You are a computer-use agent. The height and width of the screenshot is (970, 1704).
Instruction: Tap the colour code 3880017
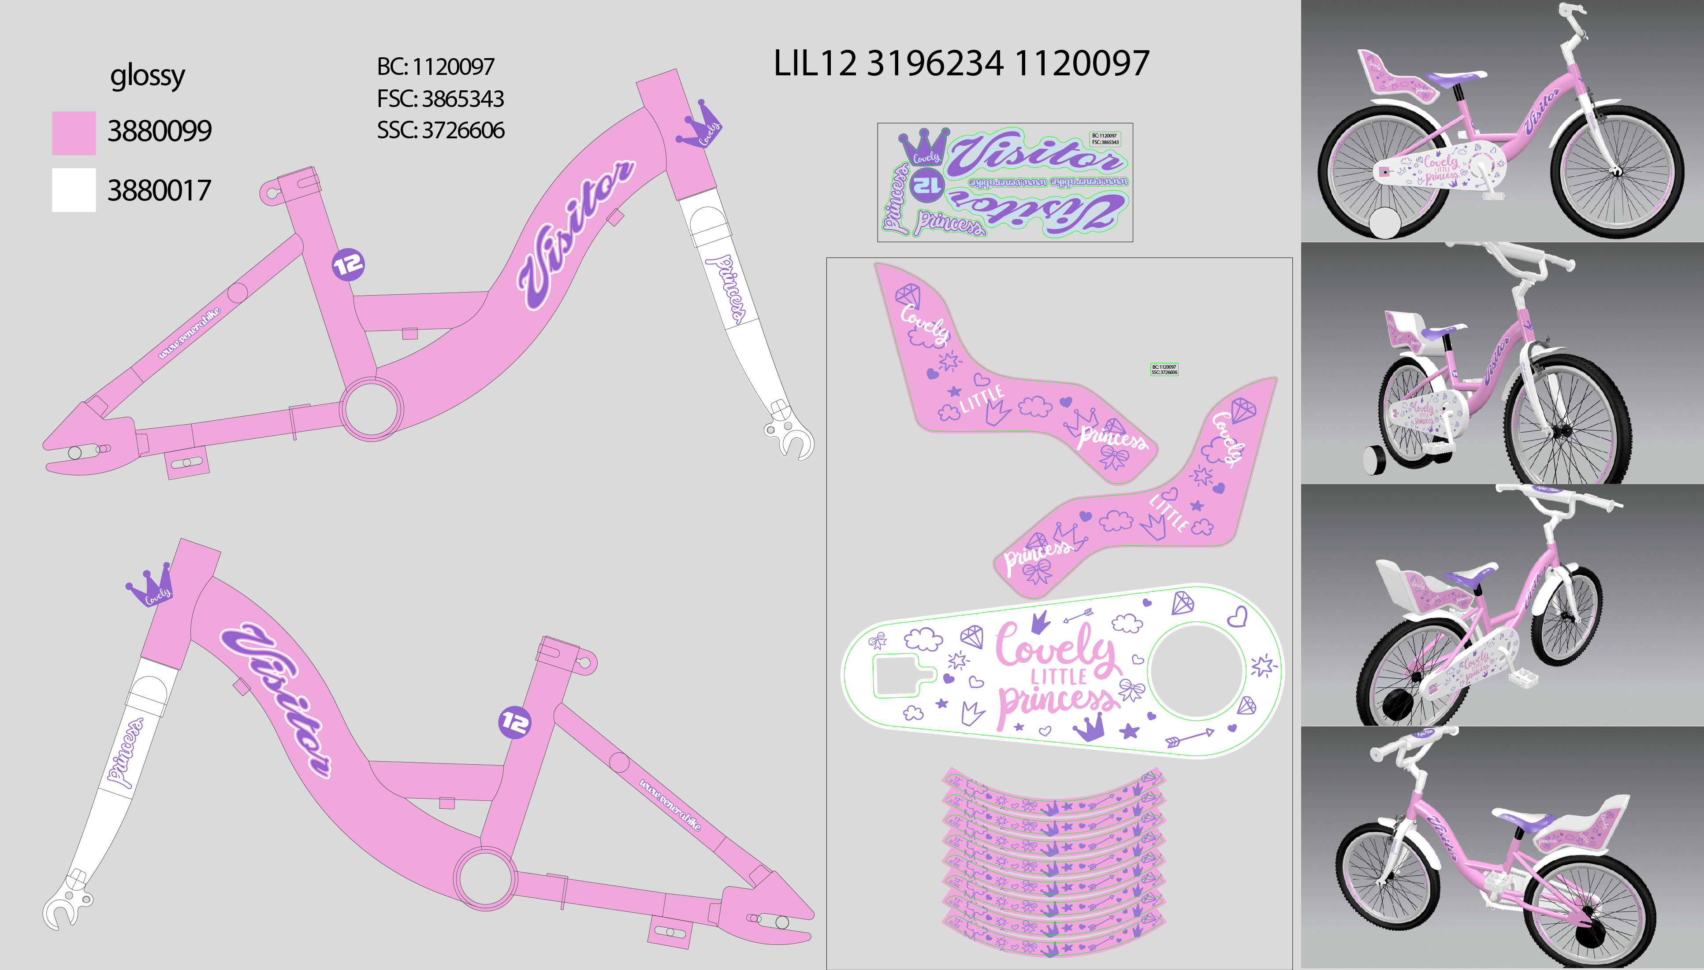point(159,191)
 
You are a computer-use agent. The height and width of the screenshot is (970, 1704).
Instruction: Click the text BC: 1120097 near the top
point(436,67)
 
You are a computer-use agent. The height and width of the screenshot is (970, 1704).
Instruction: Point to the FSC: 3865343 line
point(440,99)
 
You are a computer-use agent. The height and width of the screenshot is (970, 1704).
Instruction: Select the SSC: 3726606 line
point(440,130)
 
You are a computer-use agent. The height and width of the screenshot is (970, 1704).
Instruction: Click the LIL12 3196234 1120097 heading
point(961,64)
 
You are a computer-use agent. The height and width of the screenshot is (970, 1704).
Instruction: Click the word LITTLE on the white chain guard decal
point(1058,677)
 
